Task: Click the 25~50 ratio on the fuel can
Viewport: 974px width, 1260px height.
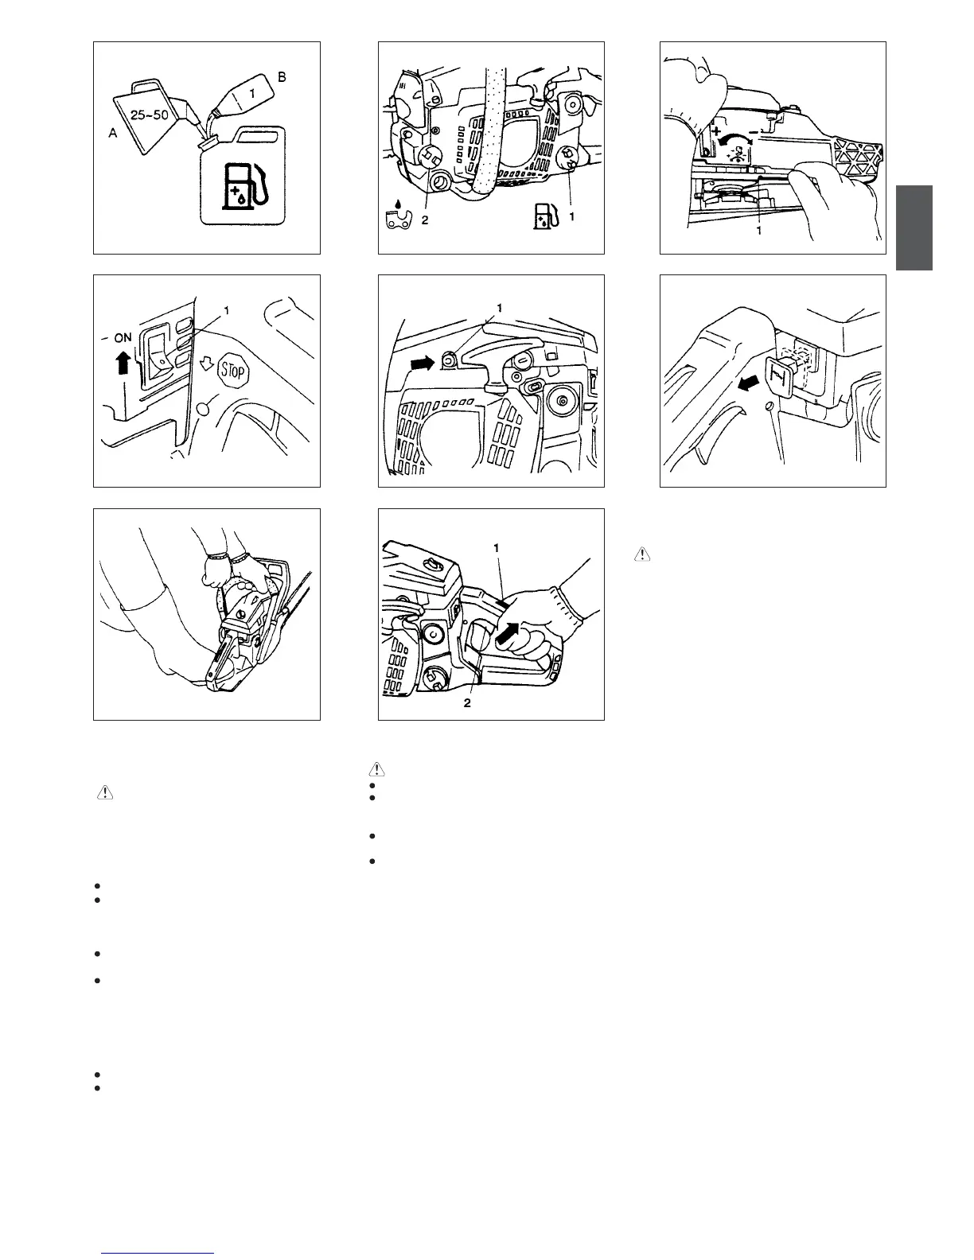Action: click(x=149, y=115)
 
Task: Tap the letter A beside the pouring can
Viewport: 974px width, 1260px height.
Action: click(x=113, y=133)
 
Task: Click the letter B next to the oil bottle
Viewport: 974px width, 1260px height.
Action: click(x=282, y=76)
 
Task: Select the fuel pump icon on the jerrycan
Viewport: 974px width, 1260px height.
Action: click(x=246, y=185)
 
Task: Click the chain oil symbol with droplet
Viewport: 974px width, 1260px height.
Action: click(x=398, y=216)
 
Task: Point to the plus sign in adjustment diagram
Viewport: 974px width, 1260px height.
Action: click(x=716, y=131)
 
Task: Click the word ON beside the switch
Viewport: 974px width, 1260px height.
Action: click(x=123, y=337)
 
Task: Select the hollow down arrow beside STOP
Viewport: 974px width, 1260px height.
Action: click(x=206, y=364)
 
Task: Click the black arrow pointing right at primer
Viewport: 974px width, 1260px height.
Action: click(x=423, y=364)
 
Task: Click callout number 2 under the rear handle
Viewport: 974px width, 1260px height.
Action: click(x=467, y=702)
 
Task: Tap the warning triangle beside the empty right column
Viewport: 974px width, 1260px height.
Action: click(x=642, y=554)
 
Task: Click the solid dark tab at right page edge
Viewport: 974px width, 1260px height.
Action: click(x=914, y=227)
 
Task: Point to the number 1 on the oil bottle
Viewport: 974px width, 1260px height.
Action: click(x=251, y=93)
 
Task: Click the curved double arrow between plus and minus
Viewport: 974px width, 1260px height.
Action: click(x=735, y=139)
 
